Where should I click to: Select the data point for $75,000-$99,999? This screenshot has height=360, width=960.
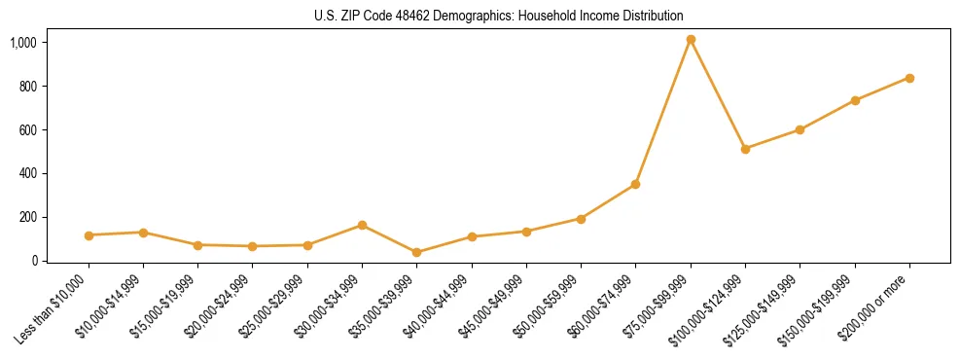click(691, 40)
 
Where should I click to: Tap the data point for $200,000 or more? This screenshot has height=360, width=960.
click(909, 78)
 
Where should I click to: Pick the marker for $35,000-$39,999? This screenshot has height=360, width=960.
click(416, 253)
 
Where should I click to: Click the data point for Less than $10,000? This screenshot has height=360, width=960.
click(89, 235)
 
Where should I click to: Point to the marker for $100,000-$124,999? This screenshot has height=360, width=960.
click(745, 149)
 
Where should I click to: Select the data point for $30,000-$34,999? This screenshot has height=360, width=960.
click(362, 225)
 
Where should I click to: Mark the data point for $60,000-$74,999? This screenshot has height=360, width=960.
click(635, 184)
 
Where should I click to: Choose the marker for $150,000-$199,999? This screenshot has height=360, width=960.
click(855, 100)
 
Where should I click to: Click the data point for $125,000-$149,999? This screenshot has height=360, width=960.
click(800, 129)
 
